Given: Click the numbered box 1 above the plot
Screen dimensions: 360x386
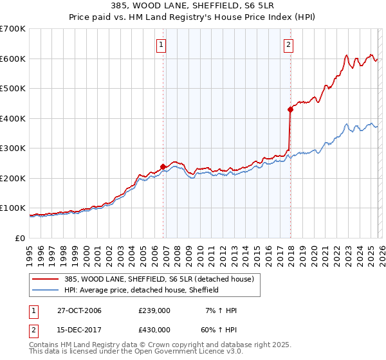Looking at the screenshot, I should [160, 44].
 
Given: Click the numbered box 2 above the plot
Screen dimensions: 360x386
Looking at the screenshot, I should [288, 44].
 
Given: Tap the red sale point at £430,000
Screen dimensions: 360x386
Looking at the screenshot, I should [290, 109].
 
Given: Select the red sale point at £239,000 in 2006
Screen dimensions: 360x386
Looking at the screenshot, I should [163, 166].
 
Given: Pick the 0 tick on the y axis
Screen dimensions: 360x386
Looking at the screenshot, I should [20, 238].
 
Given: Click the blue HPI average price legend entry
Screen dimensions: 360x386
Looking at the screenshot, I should [142, 290].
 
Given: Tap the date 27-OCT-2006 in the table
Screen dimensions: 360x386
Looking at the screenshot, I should [79, 310].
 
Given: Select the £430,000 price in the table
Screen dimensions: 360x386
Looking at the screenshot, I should [154, 329].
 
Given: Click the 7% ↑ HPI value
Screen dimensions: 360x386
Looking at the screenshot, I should [221, 310].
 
